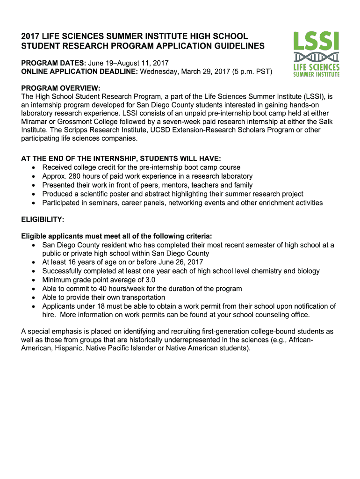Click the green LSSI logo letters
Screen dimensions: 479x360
[x=316, y=41]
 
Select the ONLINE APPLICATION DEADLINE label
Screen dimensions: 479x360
[x=79, y=72]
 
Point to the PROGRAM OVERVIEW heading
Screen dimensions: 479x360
[x=61, y=87]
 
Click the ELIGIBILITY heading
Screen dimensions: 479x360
[x=43, y=219]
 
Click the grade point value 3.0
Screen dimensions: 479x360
[x=150, y=280]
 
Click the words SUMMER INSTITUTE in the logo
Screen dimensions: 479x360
[x=316, y=74]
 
